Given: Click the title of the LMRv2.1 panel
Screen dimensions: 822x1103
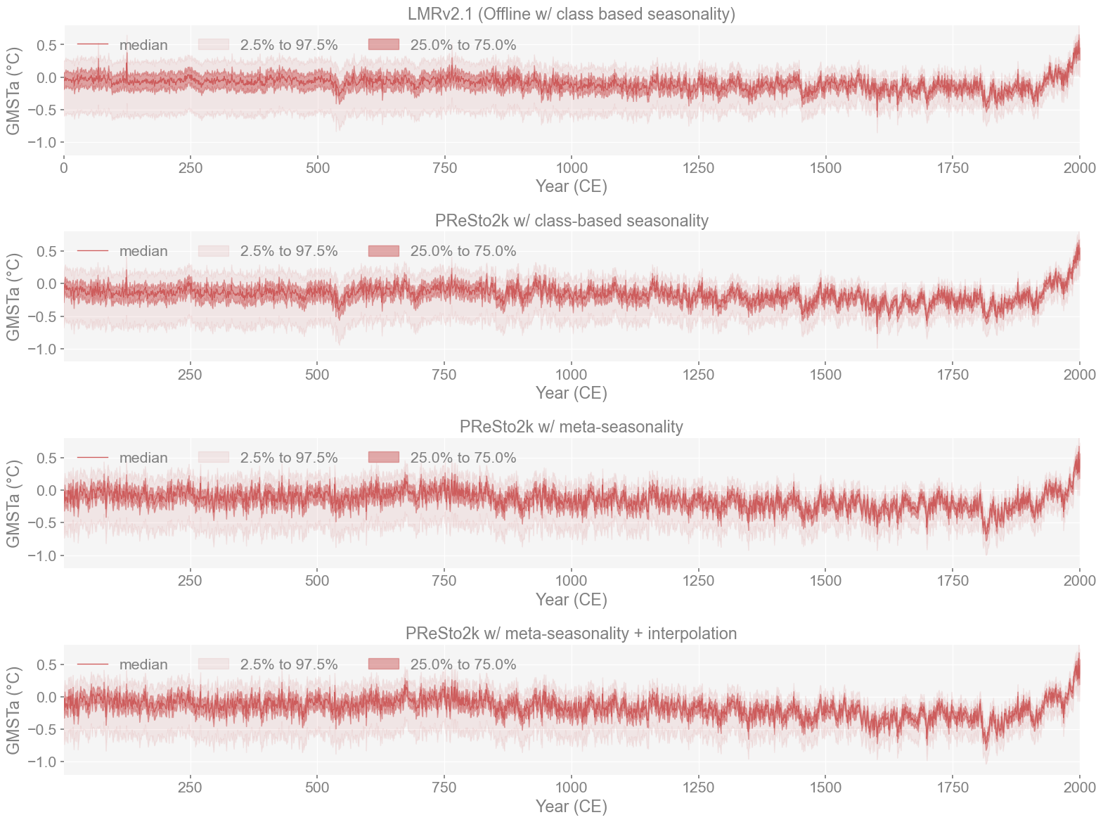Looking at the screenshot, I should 571,14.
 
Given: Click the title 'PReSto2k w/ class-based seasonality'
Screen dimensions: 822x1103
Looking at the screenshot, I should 571,221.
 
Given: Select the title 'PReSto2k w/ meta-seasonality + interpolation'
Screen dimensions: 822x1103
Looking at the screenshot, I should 571,634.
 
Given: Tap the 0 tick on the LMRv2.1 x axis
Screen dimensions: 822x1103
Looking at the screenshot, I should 64,168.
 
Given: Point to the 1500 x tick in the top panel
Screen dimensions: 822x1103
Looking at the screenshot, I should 825,168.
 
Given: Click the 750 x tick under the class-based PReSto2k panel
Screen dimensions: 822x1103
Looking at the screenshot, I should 444,375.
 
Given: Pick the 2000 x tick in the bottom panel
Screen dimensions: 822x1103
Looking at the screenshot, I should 1079,788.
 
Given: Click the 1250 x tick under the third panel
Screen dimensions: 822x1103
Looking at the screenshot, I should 698,581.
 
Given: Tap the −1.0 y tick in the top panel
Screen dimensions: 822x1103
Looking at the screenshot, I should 42,143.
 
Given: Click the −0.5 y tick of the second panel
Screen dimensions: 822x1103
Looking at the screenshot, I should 42,316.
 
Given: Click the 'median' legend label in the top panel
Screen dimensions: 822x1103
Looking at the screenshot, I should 143,45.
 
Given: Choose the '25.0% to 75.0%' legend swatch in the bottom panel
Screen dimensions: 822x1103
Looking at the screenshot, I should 383,664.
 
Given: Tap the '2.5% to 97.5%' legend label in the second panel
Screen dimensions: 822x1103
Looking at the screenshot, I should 289,251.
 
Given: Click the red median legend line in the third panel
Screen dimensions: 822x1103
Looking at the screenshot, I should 93,458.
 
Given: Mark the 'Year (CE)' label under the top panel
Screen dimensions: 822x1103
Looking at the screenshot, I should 571,186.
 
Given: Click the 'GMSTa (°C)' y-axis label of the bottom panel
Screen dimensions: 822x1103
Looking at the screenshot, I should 13,710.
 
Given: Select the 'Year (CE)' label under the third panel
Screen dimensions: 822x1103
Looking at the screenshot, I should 571,600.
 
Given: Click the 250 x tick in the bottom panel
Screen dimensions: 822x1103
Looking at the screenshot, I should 190,788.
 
